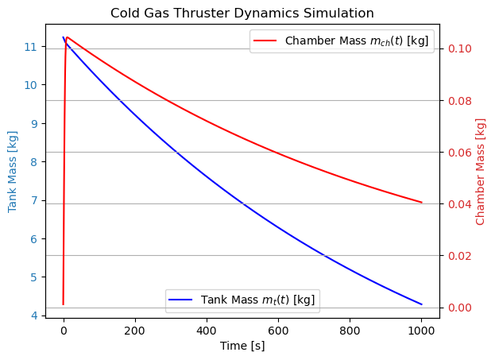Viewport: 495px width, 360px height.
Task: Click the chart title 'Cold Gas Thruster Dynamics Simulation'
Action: click(x=242, y=13)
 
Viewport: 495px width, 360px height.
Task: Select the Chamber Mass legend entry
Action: click(x=342, y=41)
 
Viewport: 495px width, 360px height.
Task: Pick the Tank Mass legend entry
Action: click(x=242, y=300)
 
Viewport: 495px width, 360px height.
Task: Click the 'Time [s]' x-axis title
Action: click(x=242, y=346)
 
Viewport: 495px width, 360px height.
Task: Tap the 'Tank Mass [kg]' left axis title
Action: click(x=13, y=172)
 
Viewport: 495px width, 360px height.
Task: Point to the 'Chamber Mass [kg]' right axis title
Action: click(x=481, y=172)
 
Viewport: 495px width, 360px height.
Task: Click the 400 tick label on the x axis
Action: click(x=207, y=330)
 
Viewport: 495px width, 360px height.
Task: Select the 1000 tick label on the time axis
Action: click(x=421, y=330)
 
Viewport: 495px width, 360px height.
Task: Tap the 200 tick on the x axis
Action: click(x=135, y=330)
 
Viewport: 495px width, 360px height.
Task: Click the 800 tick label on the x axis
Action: click(x=350, y=330)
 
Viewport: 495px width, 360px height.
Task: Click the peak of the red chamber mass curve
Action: click(x=67, y=37)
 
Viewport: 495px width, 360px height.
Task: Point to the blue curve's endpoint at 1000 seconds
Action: click(x=421, y=304)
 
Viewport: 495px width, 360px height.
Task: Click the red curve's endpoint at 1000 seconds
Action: click(x=421, y=203)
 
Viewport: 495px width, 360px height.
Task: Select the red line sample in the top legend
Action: click(x=267, y=41)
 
